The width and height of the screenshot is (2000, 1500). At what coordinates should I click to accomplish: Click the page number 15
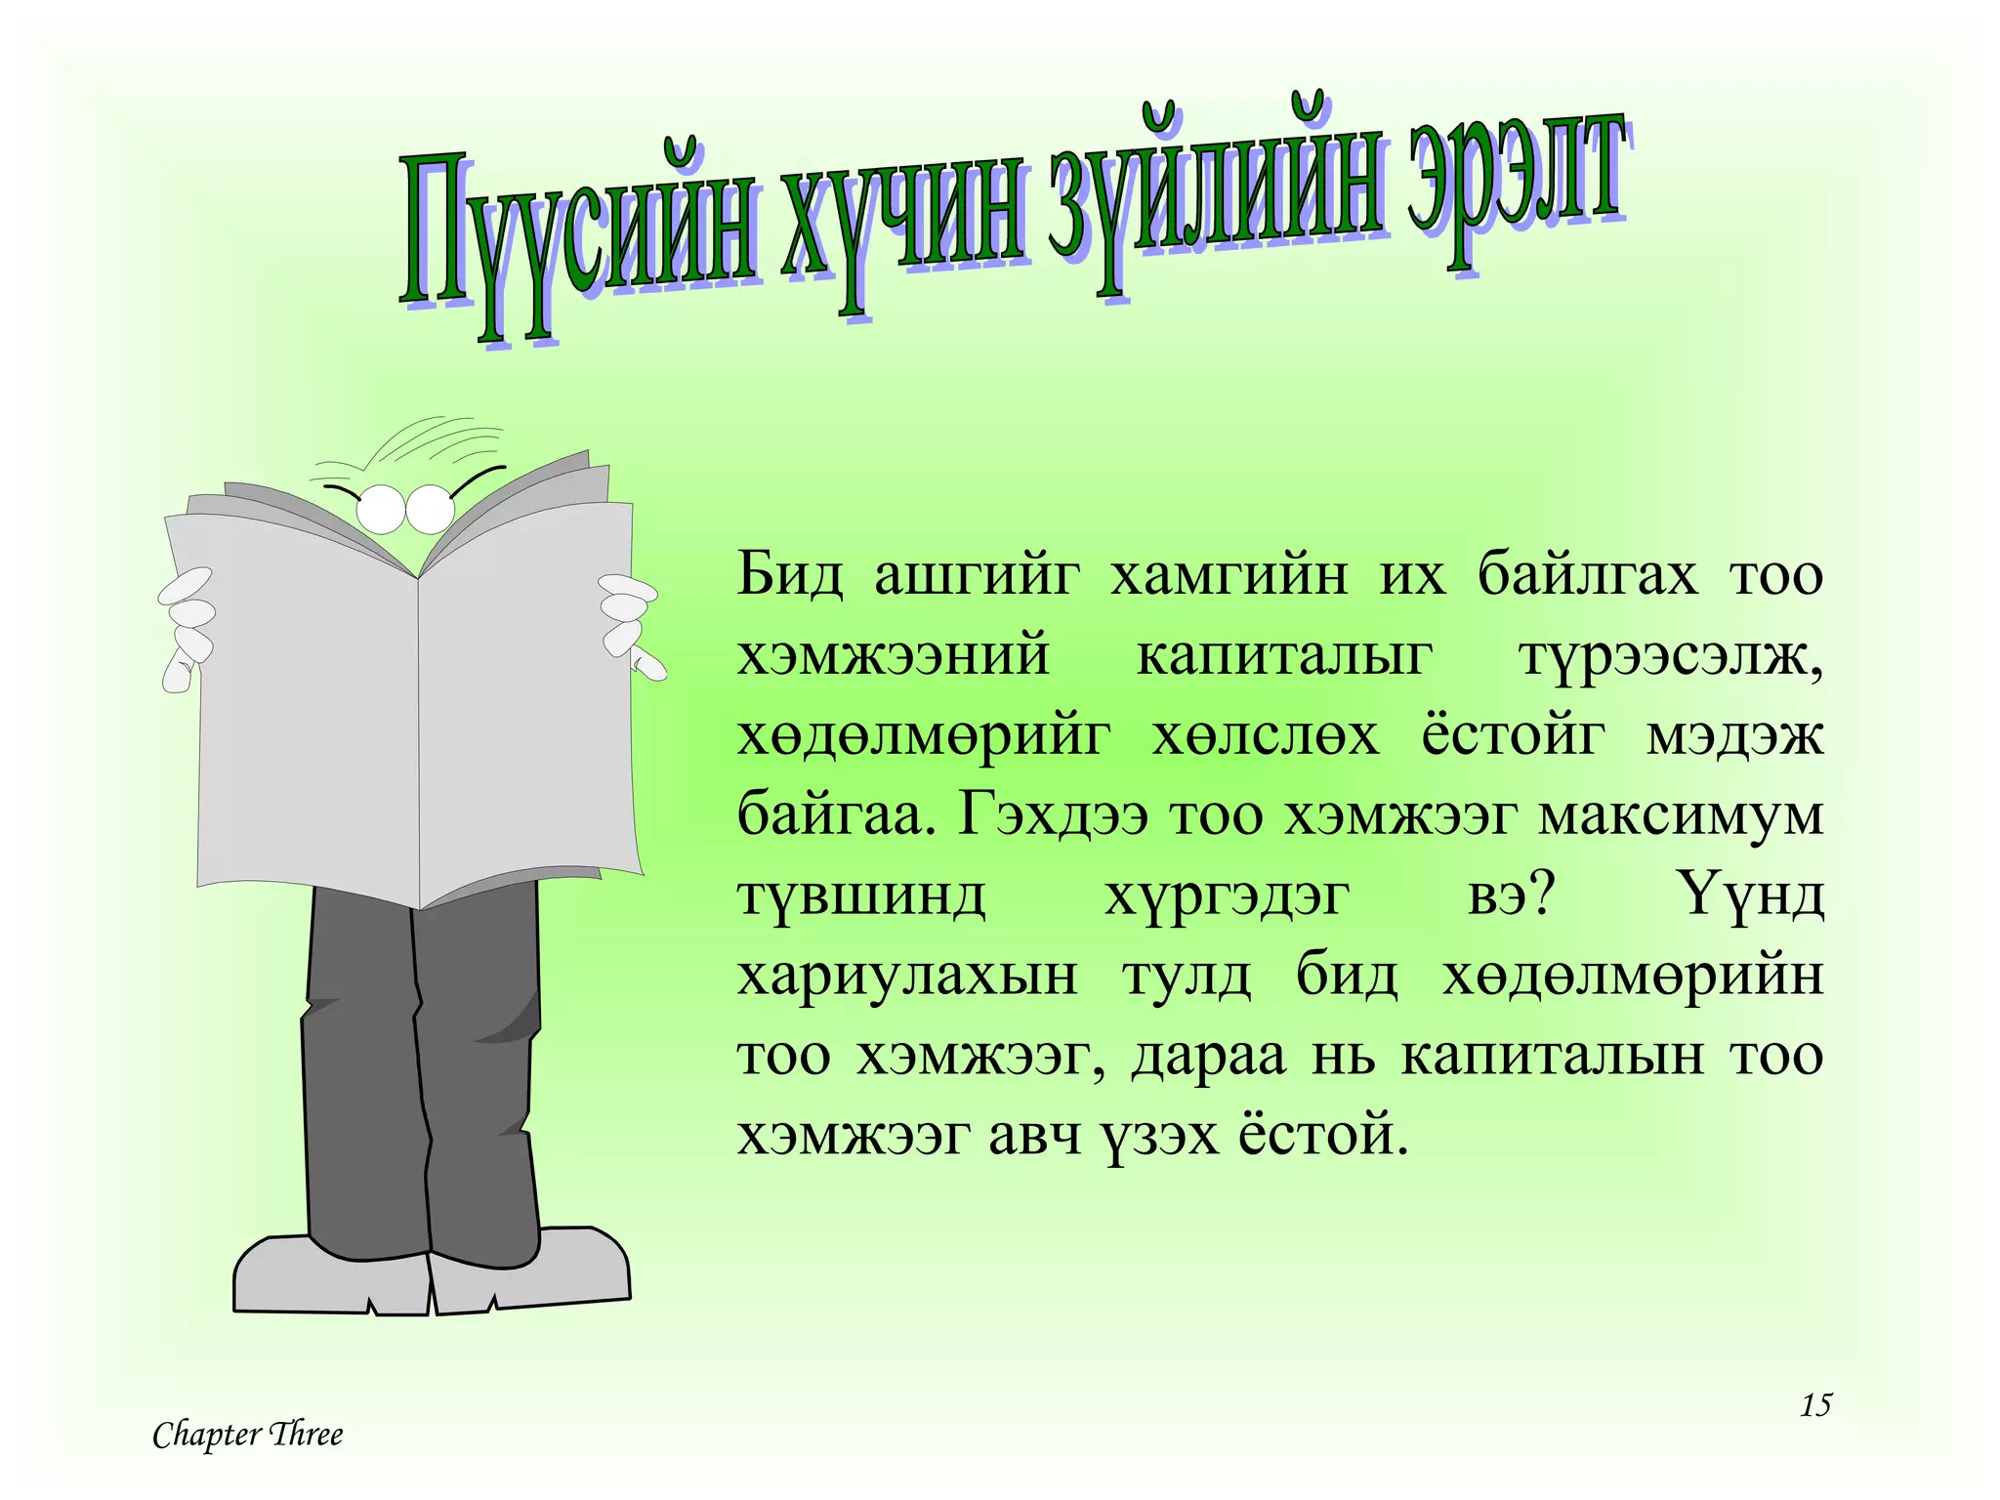click(x=1815, y=1405)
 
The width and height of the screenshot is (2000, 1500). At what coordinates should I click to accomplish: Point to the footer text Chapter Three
click(x=248, y=1435)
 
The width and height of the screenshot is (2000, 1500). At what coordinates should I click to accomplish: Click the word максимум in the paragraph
click(x=1681, y=814)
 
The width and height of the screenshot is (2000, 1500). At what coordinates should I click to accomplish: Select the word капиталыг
click(x=1284, y=654)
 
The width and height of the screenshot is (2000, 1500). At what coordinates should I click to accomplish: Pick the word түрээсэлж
click(x=1671, y=654)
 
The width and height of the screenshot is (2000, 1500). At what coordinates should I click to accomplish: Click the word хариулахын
click(x=907, y=975)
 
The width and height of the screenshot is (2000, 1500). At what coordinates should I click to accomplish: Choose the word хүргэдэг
click(x=1228, y=895)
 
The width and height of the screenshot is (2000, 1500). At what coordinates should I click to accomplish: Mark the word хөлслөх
click(x=1266, y=734)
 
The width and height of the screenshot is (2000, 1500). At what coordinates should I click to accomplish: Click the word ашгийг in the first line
click(x=978, y=574)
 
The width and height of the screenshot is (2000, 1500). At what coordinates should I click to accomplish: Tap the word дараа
click(x=1209, y=1055)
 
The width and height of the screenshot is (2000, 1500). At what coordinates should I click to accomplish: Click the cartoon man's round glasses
click(x=404, y=509)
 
